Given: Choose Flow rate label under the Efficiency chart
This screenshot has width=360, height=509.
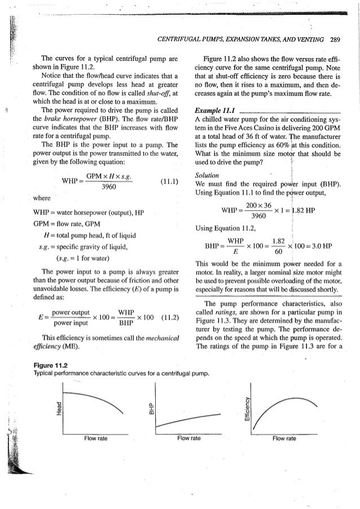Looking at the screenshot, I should [283, 437].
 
